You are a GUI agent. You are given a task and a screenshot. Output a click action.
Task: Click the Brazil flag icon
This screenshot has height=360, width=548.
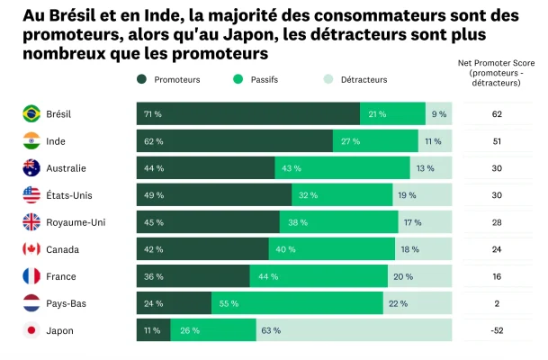coord(31,114)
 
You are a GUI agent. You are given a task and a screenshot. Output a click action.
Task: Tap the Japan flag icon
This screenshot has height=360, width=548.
coord(31,330)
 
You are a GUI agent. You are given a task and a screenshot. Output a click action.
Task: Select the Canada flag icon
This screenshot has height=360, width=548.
coord(31,249)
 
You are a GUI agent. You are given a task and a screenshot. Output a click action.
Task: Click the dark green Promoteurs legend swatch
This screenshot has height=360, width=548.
coord(142,80)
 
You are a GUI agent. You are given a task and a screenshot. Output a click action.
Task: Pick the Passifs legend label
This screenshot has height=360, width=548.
coord(266,80)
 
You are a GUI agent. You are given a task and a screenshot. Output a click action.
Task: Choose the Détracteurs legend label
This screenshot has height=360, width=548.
coord(364,80)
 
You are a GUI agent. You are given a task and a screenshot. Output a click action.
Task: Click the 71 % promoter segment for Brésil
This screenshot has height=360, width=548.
coord(248,114)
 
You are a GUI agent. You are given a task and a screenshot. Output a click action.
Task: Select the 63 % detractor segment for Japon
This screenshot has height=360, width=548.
coord(354,330)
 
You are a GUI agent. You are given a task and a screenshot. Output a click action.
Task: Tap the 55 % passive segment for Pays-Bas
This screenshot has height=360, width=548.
coord(297,303)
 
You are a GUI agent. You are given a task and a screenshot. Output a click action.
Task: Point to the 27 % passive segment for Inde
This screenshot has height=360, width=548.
coord(375,141)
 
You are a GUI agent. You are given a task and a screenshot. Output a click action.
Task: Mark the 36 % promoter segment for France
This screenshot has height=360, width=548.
coord(193,276)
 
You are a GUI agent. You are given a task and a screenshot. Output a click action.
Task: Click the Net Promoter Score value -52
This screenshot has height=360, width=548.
coord(496,330)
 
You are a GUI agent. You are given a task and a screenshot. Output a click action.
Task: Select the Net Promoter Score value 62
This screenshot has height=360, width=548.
coord(496,114)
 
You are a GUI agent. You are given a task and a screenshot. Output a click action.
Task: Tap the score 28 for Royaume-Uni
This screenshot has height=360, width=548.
coord(496,222)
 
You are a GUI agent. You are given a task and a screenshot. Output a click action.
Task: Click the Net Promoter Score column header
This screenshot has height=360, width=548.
coord(496,72)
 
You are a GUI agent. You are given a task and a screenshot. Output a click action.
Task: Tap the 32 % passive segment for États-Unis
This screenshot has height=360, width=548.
coord(342,195)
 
